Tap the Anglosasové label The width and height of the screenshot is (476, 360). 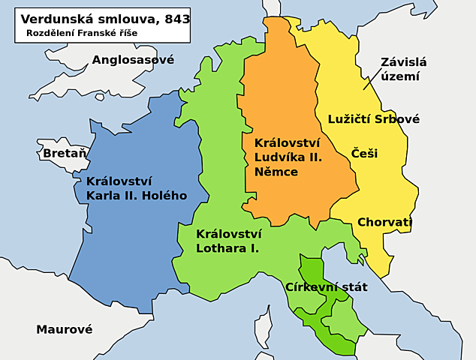click(x=133, y=59)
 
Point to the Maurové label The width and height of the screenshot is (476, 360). click(x=65, y=328)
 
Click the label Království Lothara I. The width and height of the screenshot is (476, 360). click(x=227, y=240)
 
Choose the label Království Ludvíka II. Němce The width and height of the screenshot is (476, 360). click(x=288, y=157)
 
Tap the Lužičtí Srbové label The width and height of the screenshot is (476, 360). click(x=373, y=118)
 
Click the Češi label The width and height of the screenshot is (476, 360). click(x=364, y=153)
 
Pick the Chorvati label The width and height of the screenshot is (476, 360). click(x=384, y=222)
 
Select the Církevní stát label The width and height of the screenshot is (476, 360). click(x=327, y=286)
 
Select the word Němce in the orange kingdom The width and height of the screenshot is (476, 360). click(x=276, y=172)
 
